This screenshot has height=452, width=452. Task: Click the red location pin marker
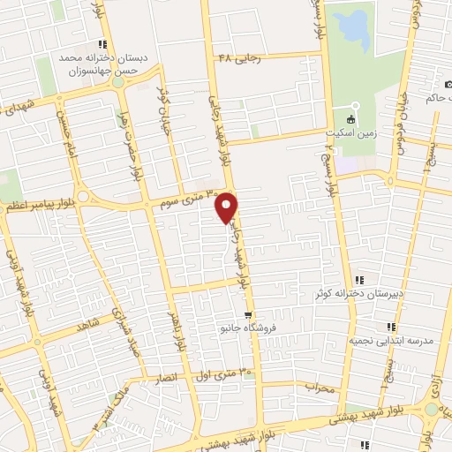pyautogui.click(x=228, y=207)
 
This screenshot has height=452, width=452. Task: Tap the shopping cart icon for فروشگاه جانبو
pyautogui.click(x=250, y=313)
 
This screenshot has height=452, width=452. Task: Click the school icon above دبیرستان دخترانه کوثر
pyautogui.click(x=358, y=280)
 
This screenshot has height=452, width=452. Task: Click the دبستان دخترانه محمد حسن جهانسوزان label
pyautogui.click(x=99, y=64)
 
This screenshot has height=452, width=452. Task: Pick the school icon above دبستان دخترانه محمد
pyautogui.click(x=103, y=44)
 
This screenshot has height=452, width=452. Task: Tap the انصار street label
pyautogui.click(x=167, y=378)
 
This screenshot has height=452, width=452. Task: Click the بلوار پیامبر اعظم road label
pyautogui.click(x=36, y=205)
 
